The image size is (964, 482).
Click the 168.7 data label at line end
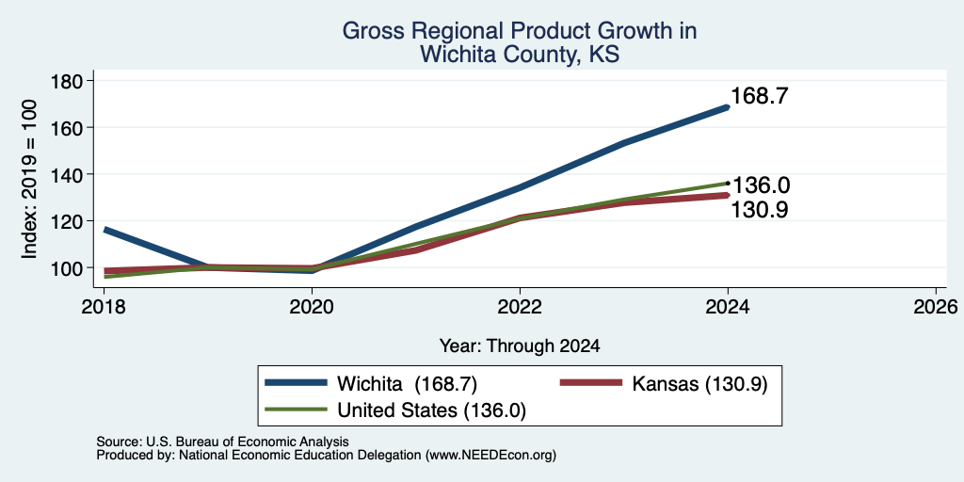point(760,96)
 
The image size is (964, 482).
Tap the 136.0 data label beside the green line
point(761,185)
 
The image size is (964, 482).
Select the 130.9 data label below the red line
point(760,210)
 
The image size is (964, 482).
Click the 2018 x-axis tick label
point(104,306)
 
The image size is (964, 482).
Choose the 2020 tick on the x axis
point(312,306)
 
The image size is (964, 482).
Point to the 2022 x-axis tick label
point(520,306)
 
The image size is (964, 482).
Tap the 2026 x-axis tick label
point(936,306)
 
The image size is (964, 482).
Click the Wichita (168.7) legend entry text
point(407,384)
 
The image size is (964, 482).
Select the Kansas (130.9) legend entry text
point(699,384)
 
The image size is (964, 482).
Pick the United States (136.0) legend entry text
point(431,410)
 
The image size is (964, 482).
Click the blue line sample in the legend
point(296,383)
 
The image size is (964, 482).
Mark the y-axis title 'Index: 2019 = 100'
point(29,180)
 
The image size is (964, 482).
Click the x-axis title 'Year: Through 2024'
point(520,346)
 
